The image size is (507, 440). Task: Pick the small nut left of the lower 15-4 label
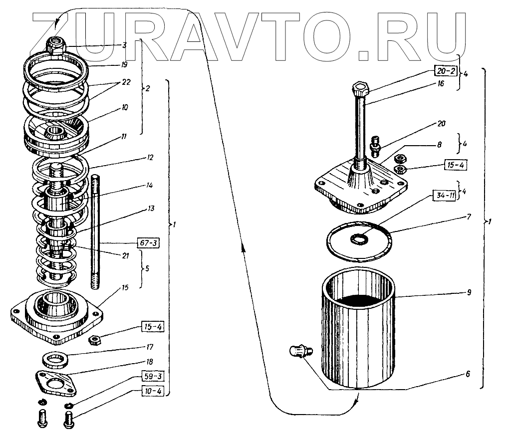tap(93, 340)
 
